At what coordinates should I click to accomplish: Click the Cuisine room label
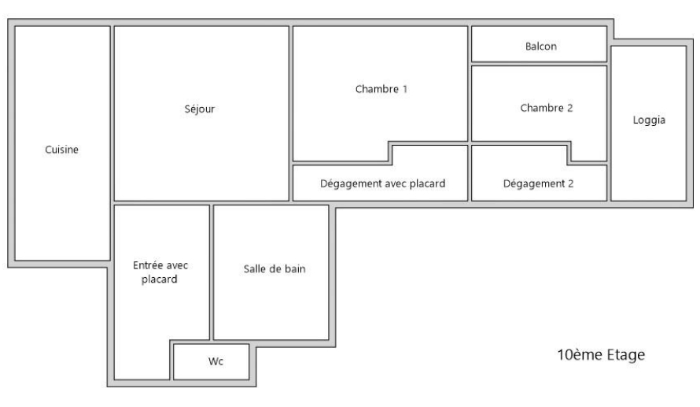(62, 150)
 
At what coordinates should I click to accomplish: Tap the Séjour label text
(199, 109)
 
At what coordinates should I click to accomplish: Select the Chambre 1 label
(381, 89)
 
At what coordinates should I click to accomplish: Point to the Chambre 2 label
(546, 108)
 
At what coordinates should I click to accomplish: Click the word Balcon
(540, 46)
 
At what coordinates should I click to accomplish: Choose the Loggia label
(649, 120)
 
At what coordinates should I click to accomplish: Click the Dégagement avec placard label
(382, 184)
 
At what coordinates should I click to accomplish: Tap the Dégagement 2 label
(538, 184)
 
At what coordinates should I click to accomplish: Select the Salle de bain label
(274, 268)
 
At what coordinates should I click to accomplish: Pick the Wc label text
(216, 362)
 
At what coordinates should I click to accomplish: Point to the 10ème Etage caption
(601, 355)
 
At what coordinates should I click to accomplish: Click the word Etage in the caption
(623, 355)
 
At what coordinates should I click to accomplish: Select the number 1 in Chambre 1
(404, 89)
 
